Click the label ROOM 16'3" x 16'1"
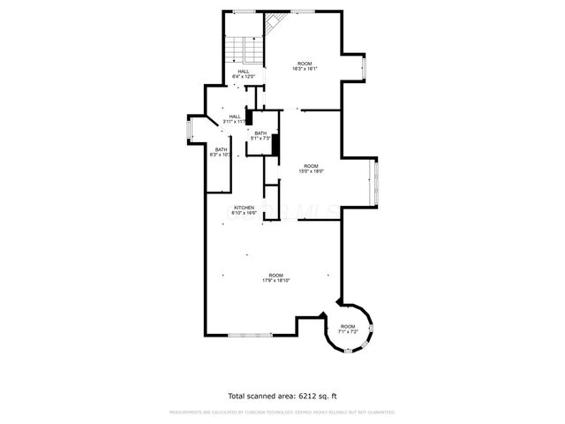pyautogui.click(x=305, y=65)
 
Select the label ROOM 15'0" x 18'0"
pyautogui.click(x=312, y=169)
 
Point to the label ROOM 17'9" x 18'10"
pyautogui.click(x=276, y=277)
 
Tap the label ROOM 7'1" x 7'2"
pyautogui.click(x=348, y=329)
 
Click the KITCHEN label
pyautogui.click(x=244, y=210)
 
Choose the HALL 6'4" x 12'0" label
pyautogui.click(x=243, y=74)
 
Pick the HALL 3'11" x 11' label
pyautogui.click(x=235, y=118)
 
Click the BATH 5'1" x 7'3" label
pyautogui.click(x=260, y=136)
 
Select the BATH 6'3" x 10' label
pyautogui.click(x=221, y=152)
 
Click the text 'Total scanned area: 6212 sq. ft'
pyautogui.click(x=282, y=396)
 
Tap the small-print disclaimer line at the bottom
pyautogui.click(x=282, y=412)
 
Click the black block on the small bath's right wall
pyautogui.click(x=275, y=144)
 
